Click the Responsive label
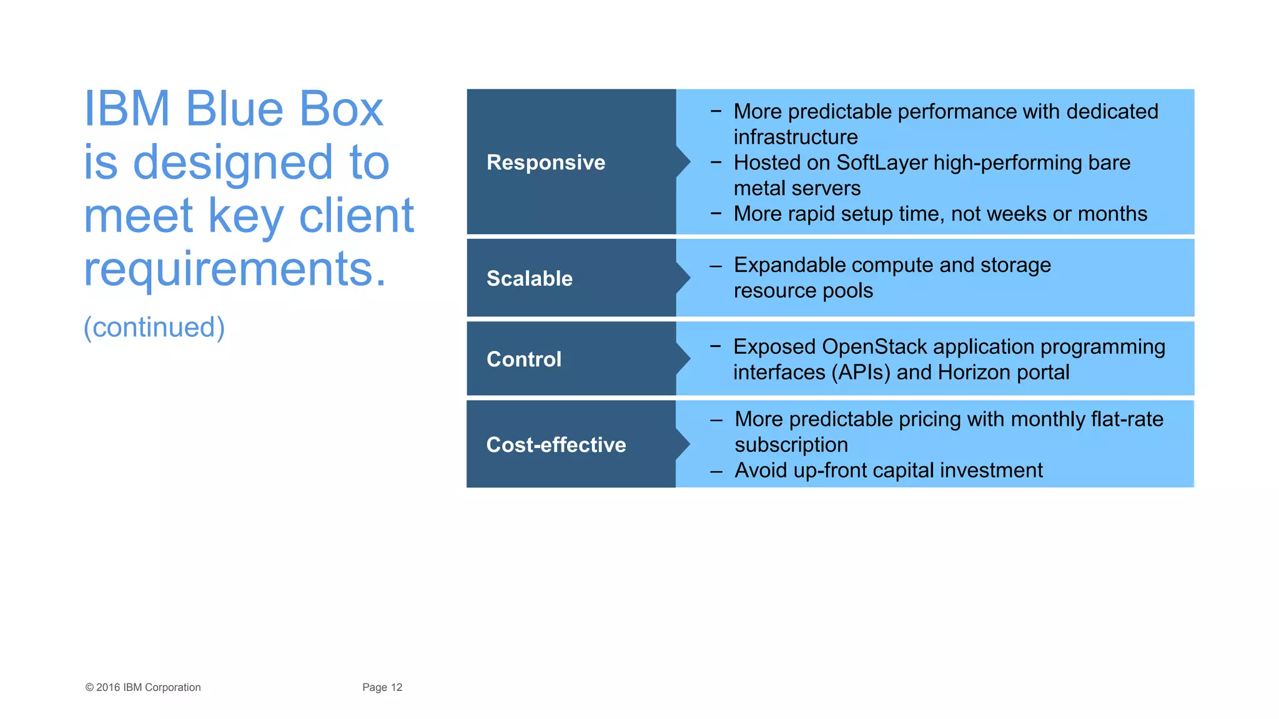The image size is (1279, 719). click(545, 162)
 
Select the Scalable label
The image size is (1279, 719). click(529, 278)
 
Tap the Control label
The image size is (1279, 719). click(523, 359)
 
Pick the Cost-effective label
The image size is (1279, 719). click(556, 445)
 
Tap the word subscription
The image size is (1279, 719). click(791, 445)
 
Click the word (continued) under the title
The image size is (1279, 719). click(154, 328)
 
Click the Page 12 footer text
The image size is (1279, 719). click(382, 687)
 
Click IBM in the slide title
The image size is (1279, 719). click(127, 109)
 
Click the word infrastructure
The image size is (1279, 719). click(795, 137)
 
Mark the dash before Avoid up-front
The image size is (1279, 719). click(716, 471)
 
